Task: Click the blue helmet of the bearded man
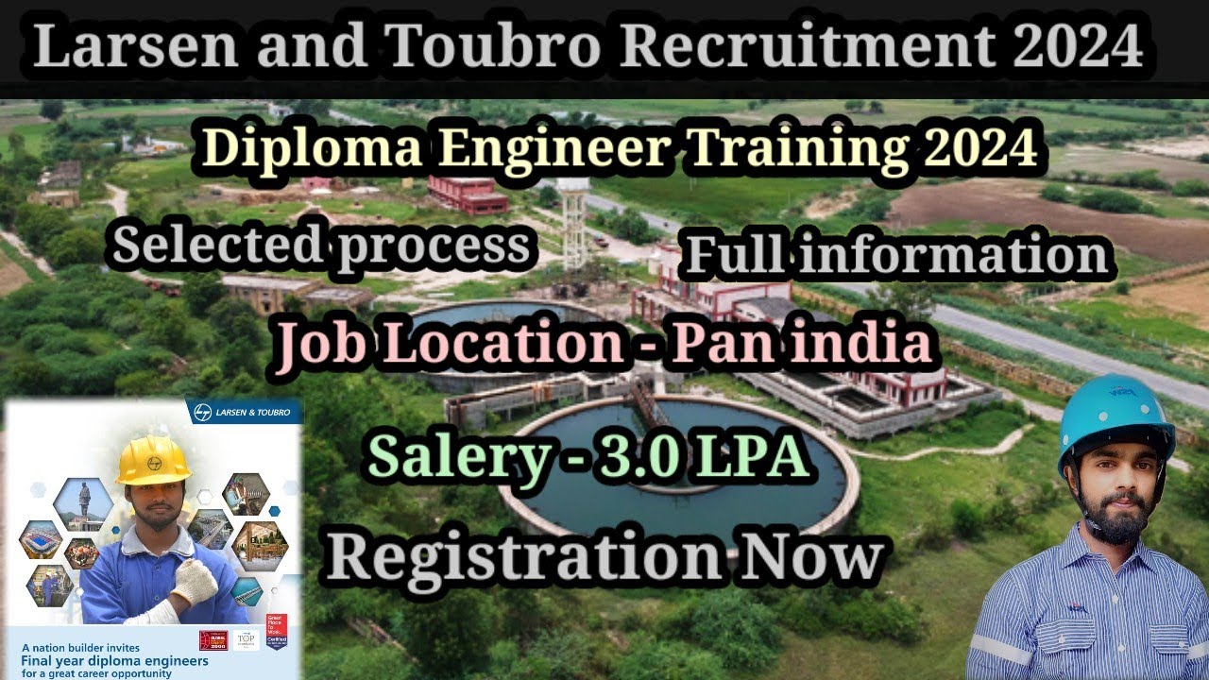(1115, 416)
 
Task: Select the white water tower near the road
(573, 222)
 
